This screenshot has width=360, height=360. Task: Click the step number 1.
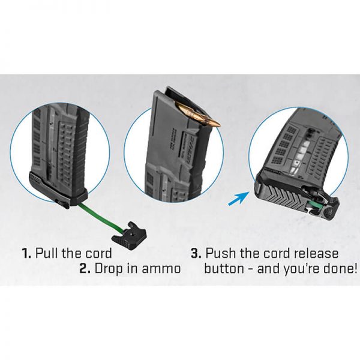(x=26, y=253)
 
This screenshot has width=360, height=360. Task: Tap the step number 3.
(x=196, y=253)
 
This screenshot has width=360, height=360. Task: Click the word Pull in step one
(x=46, y=253)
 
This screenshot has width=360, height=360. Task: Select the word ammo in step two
(x=161, y=269)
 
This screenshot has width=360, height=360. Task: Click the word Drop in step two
(x=109, y=269)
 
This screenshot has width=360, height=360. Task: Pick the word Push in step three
(x=220, y=253)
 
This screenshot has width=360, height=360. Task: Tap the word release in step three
(x=316, y=253)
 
